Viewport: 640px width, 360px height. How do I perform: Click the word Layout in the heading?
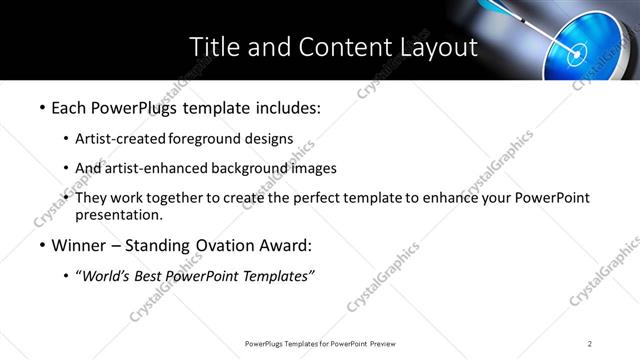437,47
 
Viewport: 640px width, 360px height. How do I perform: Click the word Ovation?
225,245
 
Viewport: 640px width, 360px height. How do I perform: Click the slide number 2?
590,343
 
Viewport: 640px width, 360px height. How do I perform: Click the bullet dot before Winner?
42,246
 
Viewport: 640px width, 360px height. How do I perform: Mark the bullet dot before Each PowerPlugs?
42,107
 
